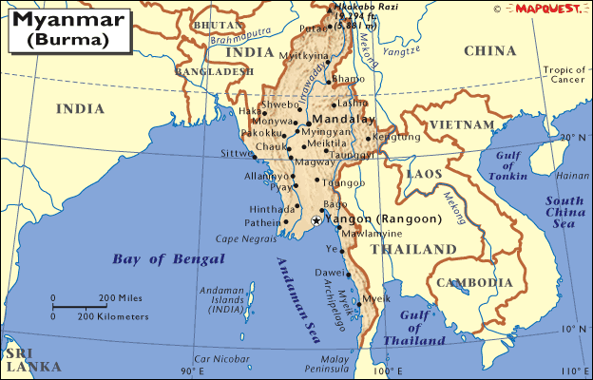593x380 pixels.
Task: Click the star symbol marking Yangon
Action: pos(316,220)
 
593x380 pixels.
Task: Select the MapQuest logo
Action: pos(545,9)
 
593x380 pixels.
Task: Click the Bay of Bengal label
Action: pos(168,258)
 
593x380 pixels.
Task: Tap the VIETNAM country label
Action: pos(463,124)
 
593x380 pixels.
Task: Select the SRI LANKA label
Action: pos(30,357)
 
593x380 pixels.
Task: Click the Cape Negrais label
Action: pos(239,239)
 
